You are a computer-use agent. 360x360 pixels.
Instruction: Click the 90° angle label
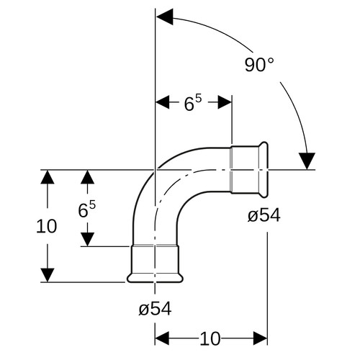[259, 65]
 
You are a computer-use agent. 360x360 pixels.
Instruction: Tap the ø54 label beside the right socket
[264, 215]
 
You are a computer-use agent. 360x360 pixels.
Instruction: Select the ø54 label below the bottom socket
[155, 308]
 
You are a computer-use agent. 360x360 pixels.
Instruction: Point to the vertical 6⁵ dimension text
[86, 210]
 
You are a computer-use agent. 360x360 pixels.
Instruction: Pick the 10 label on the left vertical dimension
[47, 226]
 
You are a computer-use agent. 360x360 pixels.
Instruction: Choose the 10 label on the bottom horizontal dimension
[210, 338]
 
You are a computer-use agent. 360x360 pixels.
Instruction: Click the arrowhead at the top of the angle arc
[164, 17]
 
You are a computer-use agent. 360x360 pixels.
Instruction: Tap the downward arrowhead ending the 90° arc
[307, 161]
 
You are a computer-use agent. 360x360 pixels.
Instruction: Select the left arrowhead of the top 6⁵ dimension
[163, 102]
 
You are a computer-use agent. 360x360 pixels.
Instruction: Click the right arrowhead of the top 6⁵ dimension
[225, 102]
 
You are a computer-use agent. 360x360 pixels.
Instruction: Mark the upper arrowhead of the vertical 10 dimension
[48, 177]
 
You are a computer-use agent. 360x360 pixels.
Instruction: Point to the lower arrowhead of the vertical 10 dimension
[48, 275]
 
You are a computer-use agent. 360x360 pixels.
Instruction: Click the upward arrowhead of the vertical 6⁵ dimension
[87, 177]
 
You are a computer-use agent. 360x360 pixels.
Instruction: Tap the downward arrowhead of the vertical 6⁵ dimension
[87, 239]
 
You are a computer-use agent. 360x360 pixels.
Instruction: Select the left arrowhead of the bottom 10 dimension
[162, 338]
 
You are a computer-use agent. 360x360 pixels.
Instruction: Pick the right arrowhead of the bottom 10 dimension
[261, 338]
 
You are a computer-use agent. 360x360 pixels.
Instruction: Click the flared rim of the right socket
[264, 170]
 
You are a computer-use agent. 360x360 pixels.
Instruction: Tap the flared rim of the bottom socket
[155, 278]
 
